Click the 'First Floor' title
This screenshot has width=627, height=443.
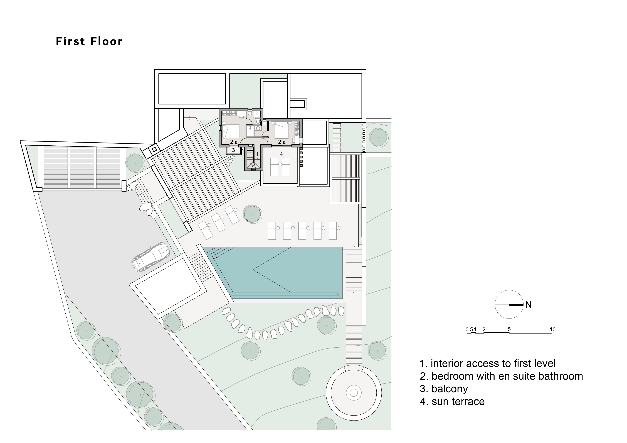(x=89, y=41)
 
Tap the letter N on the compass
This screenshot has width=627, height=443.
(x=528, y=305)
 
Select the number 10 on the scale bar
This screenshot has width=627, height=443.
(x=552, y=329)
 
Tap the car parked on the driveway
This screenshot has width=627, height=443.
(x=151, y=257)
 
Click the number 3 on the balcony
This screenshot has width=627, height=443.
(x=233, y=150)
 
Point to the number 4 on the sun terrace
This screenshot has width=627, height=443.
(x=281, y=154)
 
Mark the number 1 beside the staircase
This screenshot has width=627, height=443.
(x=257, y=154)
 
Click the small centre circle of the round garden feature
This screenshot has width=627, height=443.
(x=354, y=393)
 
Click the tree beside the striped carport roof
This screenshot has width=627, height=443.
(x=135, y=163)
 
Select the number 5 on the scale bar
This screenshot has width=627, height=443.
(x=509, y=329)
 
